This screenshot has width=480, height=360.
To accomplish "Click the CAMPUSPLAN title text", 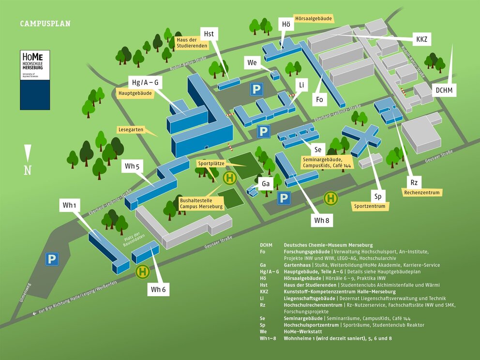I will (x=45, y=24).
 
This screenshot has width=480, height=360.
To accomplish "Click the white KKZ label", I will (x=421, y=39).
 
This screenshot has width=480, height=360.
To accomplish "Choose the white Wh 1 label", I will (x=70, y=205).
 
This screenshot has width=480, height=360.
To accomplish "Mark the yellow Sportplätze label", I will (x=209, y=164).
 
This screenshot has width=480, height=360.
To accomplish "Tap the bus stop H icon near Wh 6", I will (x=142, y=271).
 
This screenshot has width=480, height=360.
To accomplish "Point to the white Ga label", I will (x=266, y=184).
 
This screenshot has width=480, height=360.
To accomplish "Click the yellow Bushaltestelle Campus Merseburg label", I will (x=201, y=203).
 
